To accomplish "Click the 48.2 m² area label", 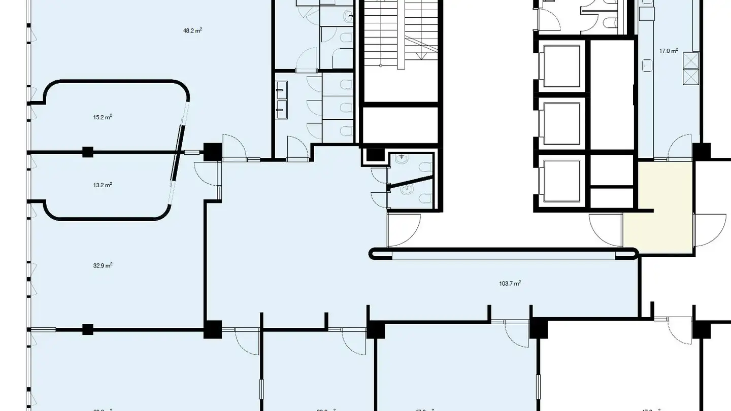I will tap(192, 30).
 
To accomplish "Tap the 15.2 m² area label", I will tap(102, 117).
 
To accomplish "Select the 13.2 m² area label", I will tap(102, 185).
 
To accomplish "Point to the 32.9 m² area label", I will tap(103, 265).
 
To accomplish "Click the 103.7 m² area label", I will tap(510, 284).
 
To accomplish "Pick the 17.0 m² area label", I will tap(669, 51).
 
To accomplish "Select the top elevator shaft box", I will tap(561, 66).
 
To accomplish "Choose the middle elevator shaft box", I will tap(561, 123).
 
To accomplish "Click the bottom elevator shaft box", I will tap(561, 181).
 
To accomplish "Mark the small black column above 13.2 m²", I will tap(88, 151).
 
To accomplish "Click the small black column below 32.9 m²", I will tap(88, 329).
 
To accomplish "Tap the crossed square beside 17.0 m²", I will tap(691, 60).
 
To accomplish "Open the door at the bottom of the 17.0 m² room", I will tap(679, 148).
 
